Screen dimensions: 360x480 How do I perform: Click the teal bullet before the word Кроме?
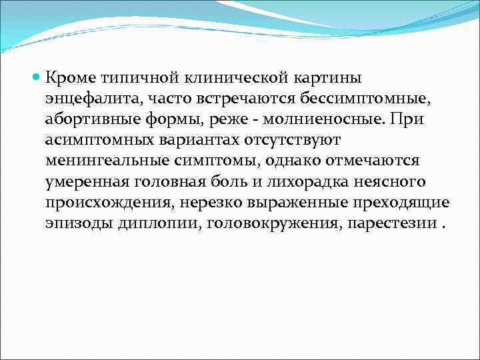(37, 79)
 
